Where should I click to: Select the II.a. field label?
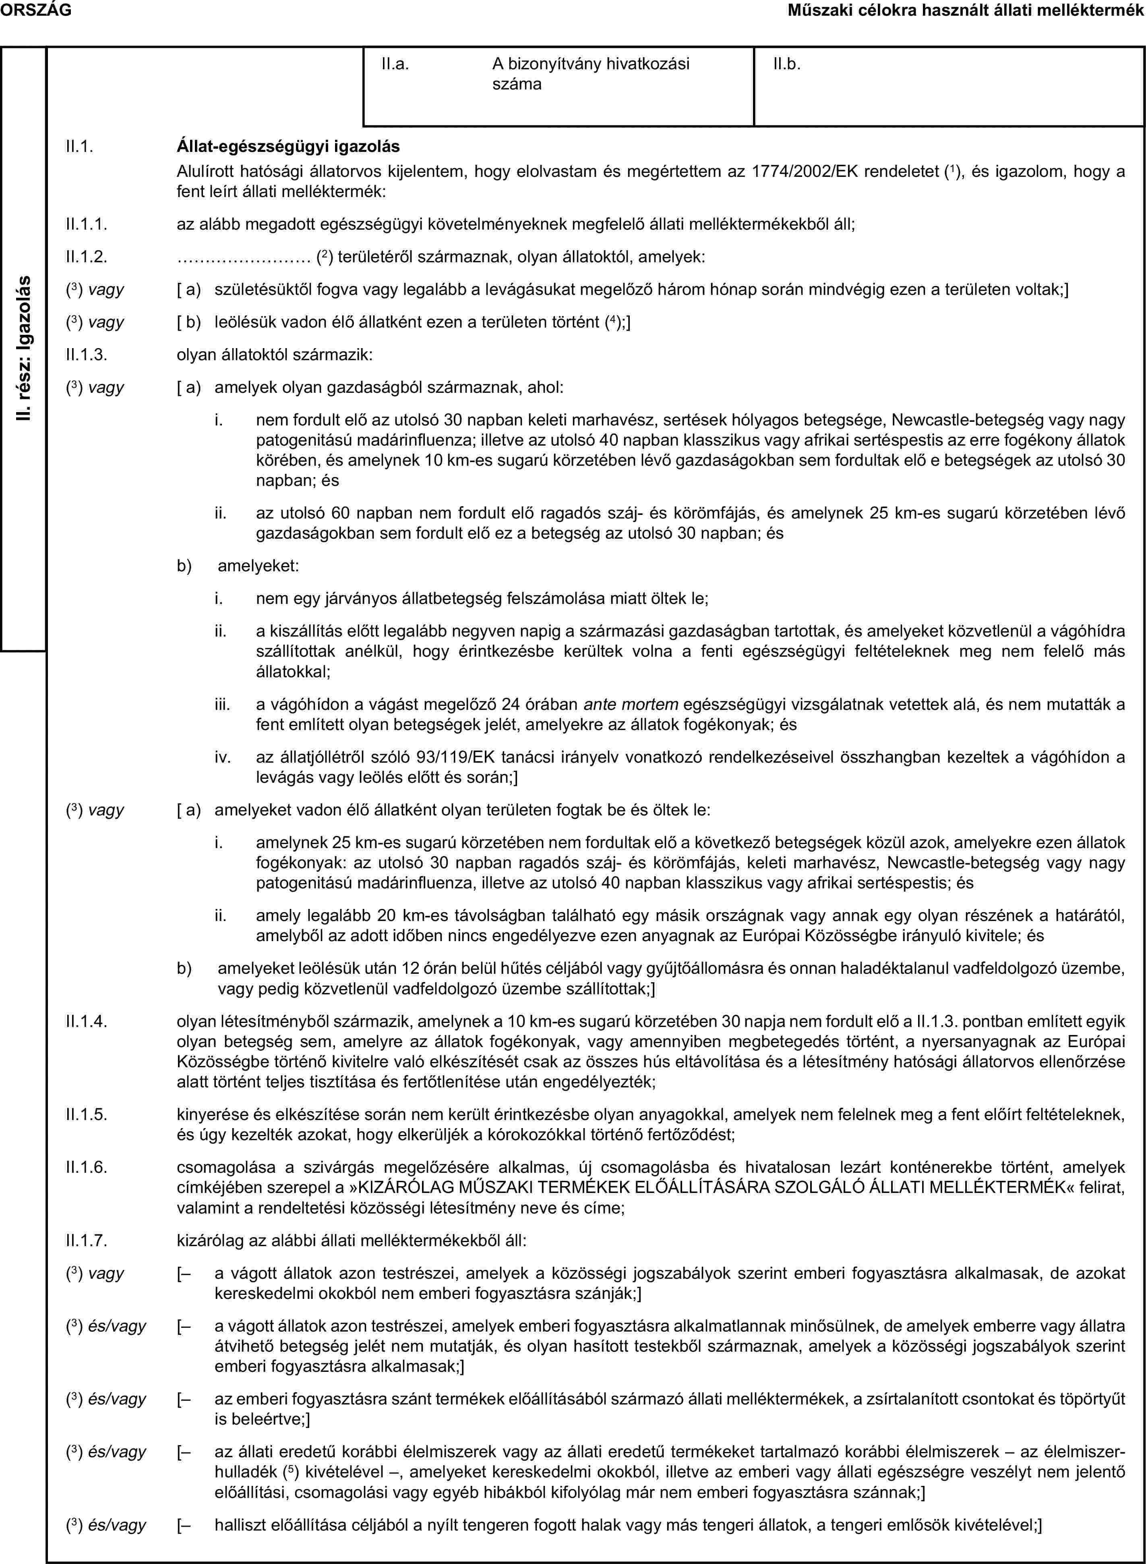[395, 64]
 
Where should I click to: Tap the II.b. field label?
[787, 64]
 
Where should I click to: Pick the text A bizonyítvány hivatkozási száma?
[591, 74]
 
